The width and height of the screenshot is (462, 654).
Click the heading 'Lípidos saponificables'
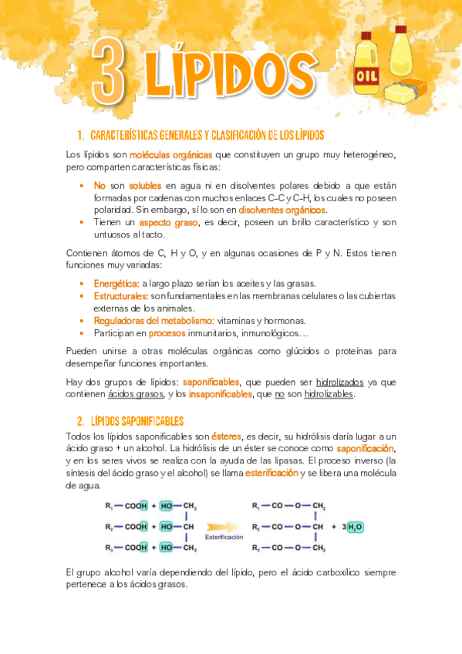pos(136,421)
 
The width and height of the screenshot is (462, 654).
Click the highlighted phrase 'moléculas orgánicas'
pos(170,155)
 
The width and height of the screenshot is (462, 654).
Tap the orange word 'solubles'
pos(145,186)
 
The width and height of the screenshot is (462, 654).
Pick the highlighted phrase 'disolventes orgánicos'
pos(282,210)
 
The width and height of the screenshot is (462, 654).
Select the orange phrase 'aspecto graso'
pos(169,222)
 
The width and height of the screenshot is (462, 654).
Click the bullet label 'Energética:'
pos(116,284)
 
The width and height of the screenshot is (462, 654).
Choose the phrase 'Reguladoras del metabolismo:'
pos(143,321)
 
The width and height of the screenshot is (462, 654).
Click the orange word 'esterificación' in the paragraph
pos(271,473)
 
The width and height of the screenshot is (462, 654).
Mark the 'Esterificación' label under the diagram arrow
pos(224,537)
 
